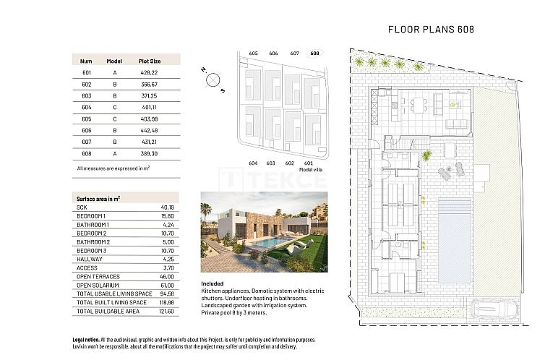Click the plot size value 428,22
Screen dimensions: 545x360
[150, 72]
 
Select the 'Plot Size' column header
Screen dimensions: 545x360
[150, 61]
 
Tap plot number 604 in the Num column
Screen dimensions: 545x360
[87, 108]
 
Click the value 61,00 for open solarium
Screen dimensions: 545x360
[167, 286]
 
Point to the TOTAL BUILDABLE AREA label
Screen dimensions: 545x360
[108, 312]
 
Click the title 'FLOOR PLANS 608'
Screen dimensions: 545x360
[431, 30]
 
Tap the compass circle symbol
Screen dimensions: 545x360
[213, 80]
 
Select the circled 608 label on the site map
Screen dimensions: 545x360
[314, 53]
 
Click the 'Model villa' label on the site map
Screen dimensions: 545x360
[311, 170]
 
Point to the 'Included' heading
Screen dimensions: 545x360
[212, 283]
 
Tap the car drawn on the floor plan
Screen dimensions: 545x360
[494, 309]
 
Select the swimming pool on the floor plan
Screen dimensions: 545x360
[455, 241]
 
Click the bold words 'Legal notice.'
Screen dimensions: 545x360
[86, 340]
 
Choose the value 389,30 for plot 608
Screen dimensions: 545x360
[150, 153]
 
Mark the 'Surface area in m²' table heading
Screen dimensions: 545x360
[98, 199]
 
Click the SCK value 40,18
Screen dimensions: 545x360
[167, 207]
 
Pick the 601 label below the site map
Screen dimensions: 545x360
[309, 163]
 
